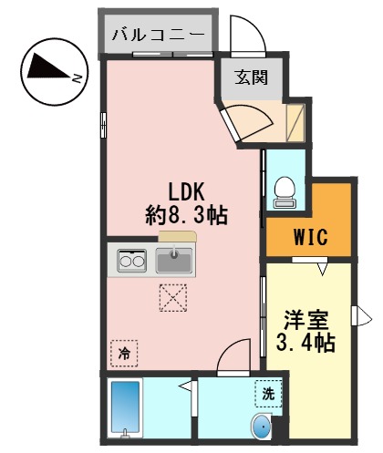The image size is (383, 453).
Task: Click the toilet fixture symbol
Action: pyautogui.click(x=284, y=188)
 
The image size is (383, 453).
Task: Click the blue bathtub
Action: pyautogui.click(x=125, y=407)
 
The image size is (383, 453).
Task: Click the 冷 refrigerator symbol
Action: pyautogui.click(x=122, y=351)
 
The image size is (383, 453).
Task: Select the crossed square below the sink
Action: pyautogui.click(x=173, y=297)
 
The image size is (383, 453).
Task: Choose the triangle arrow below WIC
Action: pyautogui.click(x=323, y=267)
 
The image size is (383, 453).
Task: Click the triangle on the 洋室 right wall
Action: pyautogui.click(x=366, y=316)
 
